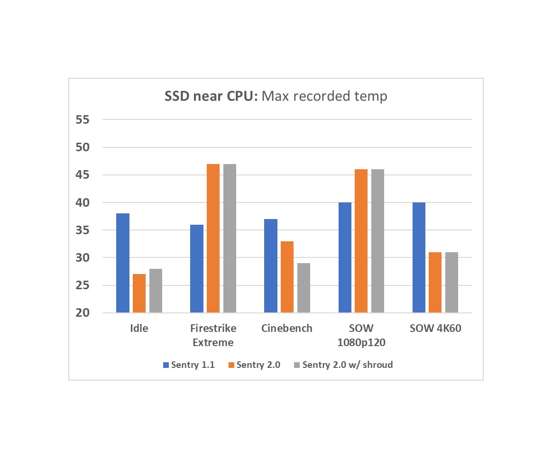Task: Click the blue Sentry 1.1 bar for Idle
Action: (123, 263)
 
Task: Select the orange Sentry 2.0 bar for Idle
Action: (139, 293)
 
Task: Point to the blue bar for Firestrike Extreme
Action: (197, 269)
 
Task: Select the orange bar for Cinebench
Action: (287, 277)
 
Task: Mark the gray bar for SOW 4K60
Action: (452, 283)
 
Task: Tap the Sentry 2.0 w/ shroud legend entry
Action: (347, 365)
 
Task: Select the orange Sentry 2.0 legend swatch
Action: (231, 365)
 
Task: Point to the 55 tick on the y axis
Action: (82, 120)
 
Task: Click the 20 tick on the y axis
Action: (82, 313)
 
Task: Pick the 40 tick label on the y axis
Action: (82, 202)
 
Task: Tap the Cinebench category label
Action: (287, 328)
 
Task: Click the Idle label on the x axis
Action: (139, 328)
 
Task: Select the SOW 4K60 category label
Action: (435, 328)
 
